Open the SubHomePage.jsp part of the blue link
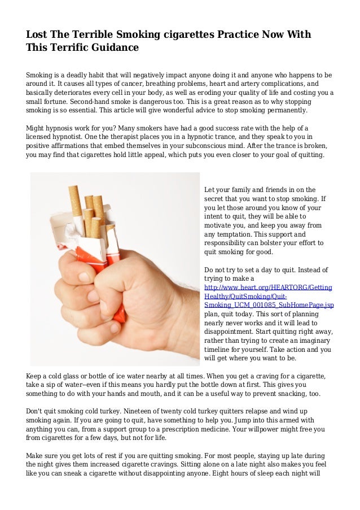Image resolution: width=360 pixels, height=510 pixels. click(x=308, y=305)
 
